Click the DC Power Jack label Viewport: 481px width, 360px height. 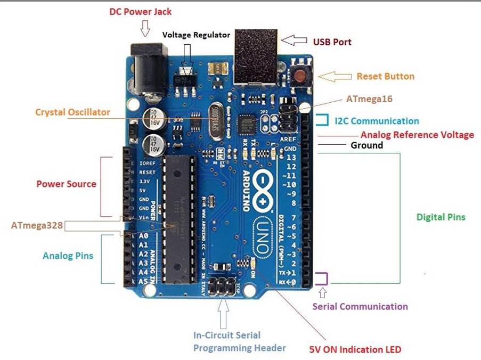141,12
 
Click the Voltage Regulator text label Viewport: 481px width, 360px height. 196,35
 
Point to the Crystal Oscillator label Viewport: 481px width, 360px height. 72,112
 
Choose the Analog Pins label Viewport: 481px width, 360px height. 68,256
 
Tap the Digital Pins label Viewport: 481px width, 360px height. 441,217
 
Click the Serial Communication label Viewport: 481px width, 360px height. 360,306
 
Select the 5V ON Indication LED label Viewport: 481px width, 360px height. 355,350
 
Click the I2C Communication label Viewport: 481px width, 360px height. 377,121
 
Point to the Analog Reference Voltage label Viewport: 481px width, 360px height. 417,135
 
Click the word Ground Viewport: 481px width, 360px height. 366,145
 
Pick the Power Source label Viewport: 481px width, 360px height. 66,184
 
